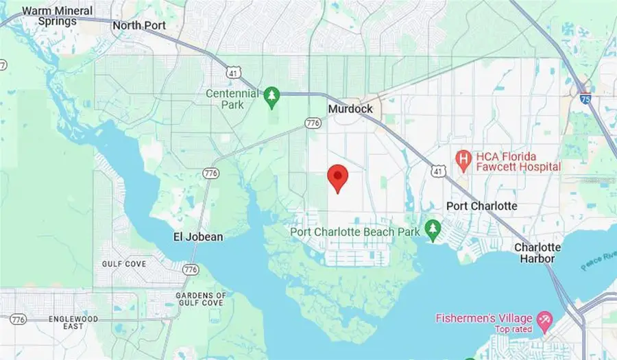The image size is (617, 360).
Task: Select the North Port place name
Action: (x=139, y=25)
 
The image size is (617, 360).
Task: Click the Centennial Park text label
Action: (x=232, y=99)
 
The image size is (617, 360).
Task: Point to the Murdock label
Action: (x=350, y=109)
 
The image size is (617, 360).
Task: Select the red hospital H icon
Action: (x=463, y=160)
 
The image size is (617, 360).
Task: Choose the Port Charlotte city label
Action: (x=482, y=206)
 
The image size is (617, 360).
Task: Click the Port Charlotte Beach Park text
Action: (x=355, y=232)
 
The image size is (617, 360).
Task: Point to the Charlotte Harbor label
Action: (x=537, y=253)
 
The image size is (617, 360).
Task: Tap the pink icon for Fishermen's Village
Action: (x=545, y=318)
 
